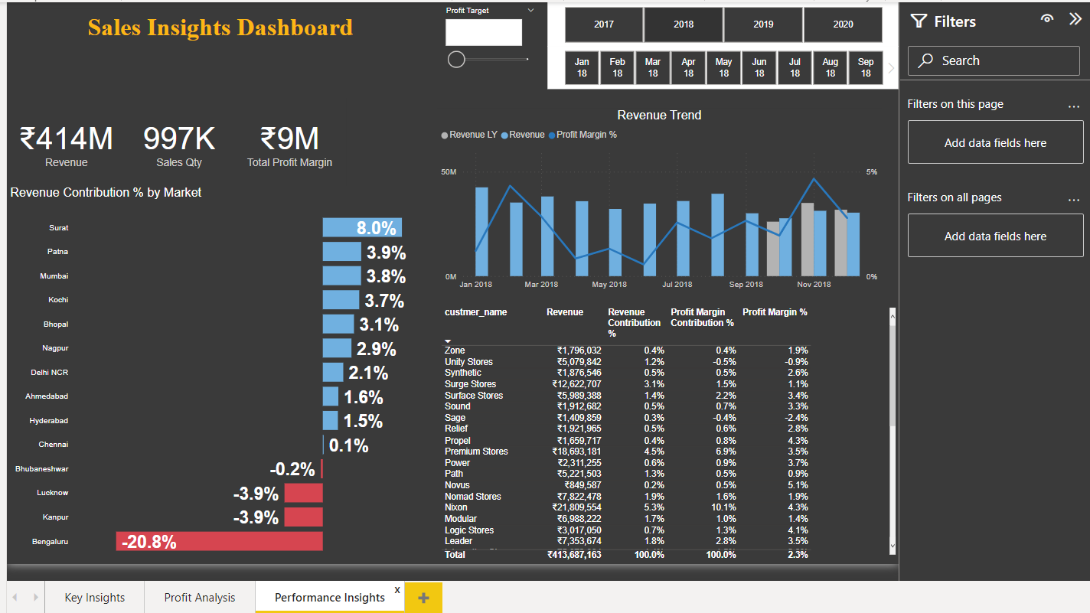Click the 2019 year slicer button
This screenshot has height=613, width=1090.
click(x=763, y=24)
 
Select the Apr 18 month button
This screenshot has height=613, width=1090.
click(x=688, y=67)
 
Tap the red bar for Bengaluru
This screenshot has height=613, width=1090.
click(x=220, y=542)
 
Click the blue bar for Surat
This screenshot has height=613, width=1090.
click(x=361, y=227)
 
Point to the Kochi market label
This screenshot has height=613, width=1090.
click(x=58, y=300)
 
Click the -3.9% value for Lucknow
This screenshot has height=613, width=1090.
click(x=256, y=494)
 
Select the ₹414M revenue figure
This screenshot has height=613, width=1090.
click(x=66, y=139)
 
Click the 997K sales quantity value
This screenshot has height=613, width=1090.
click(x=179, y=139)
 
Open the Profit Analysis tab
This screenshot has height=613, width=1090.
click(x=200, y=598)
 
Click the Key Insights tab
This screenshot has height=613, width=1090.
click(x=95, y=598)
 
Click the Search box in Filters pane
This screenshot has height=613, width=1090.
click(x=994, y=60)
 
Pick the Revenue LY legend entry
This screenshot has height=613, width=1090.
click(x=469, y=135)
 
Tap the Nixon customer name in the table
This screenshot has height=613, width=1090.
click(x=456, y=507)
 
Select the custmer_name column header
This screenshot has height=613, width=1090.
click(x=475, y=312)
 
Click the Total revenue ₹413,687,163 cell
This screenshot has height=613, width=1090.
click(x=574, y=555)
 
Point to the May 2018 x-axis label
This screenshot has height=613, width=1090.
click(x=609, y=285)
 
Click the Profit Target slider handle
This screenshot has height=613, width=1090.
click(x=456, y=59)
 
